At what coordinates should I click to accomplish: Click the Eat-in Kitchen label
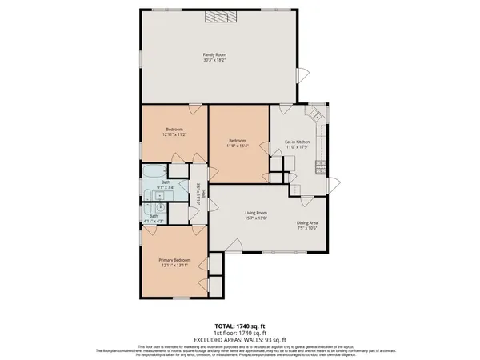click(297, 142)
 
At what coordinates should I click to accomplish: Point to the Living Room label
click(255, 212)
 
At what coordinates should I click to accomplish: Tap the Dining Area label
click(308, 222)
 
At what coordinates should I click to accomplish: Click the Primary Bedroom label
click(174, 259)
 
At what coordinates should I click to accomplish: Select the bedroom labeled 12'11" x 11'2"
click(174, 132)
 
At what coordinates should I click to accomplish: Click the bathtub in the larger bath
click(152, 171)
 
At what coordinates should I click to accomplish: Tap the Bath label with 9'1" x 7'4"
click(166, 182)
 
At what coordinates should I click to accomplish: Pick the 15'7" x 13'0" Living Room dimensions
click(255, 218)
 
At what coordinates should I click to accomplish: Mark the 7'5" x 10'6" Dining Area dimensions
click(308, 228)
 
